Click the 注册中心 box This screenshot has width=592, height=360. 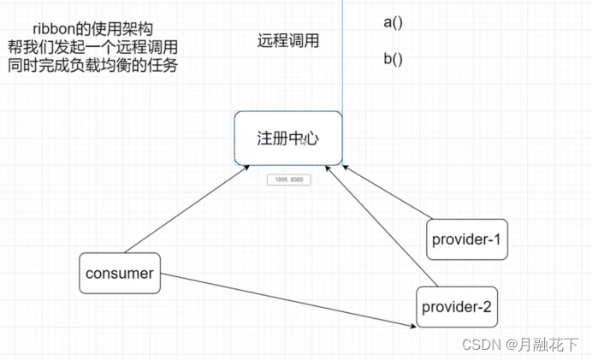[288, 138]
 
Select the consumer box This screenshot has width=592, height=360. [120, 274]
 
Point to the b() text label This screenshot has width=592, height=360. [393, 60]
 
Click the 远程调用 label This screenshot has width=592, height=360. [288, 40]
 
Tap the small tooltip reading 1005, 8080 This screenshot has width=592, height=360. [288, 180]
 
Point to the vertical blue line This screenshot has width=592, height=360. [342, 51]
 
